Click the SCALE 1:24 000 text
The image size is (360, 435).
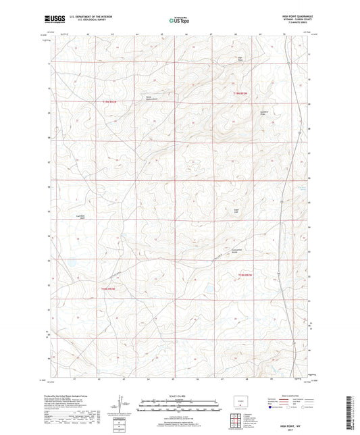180,396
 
